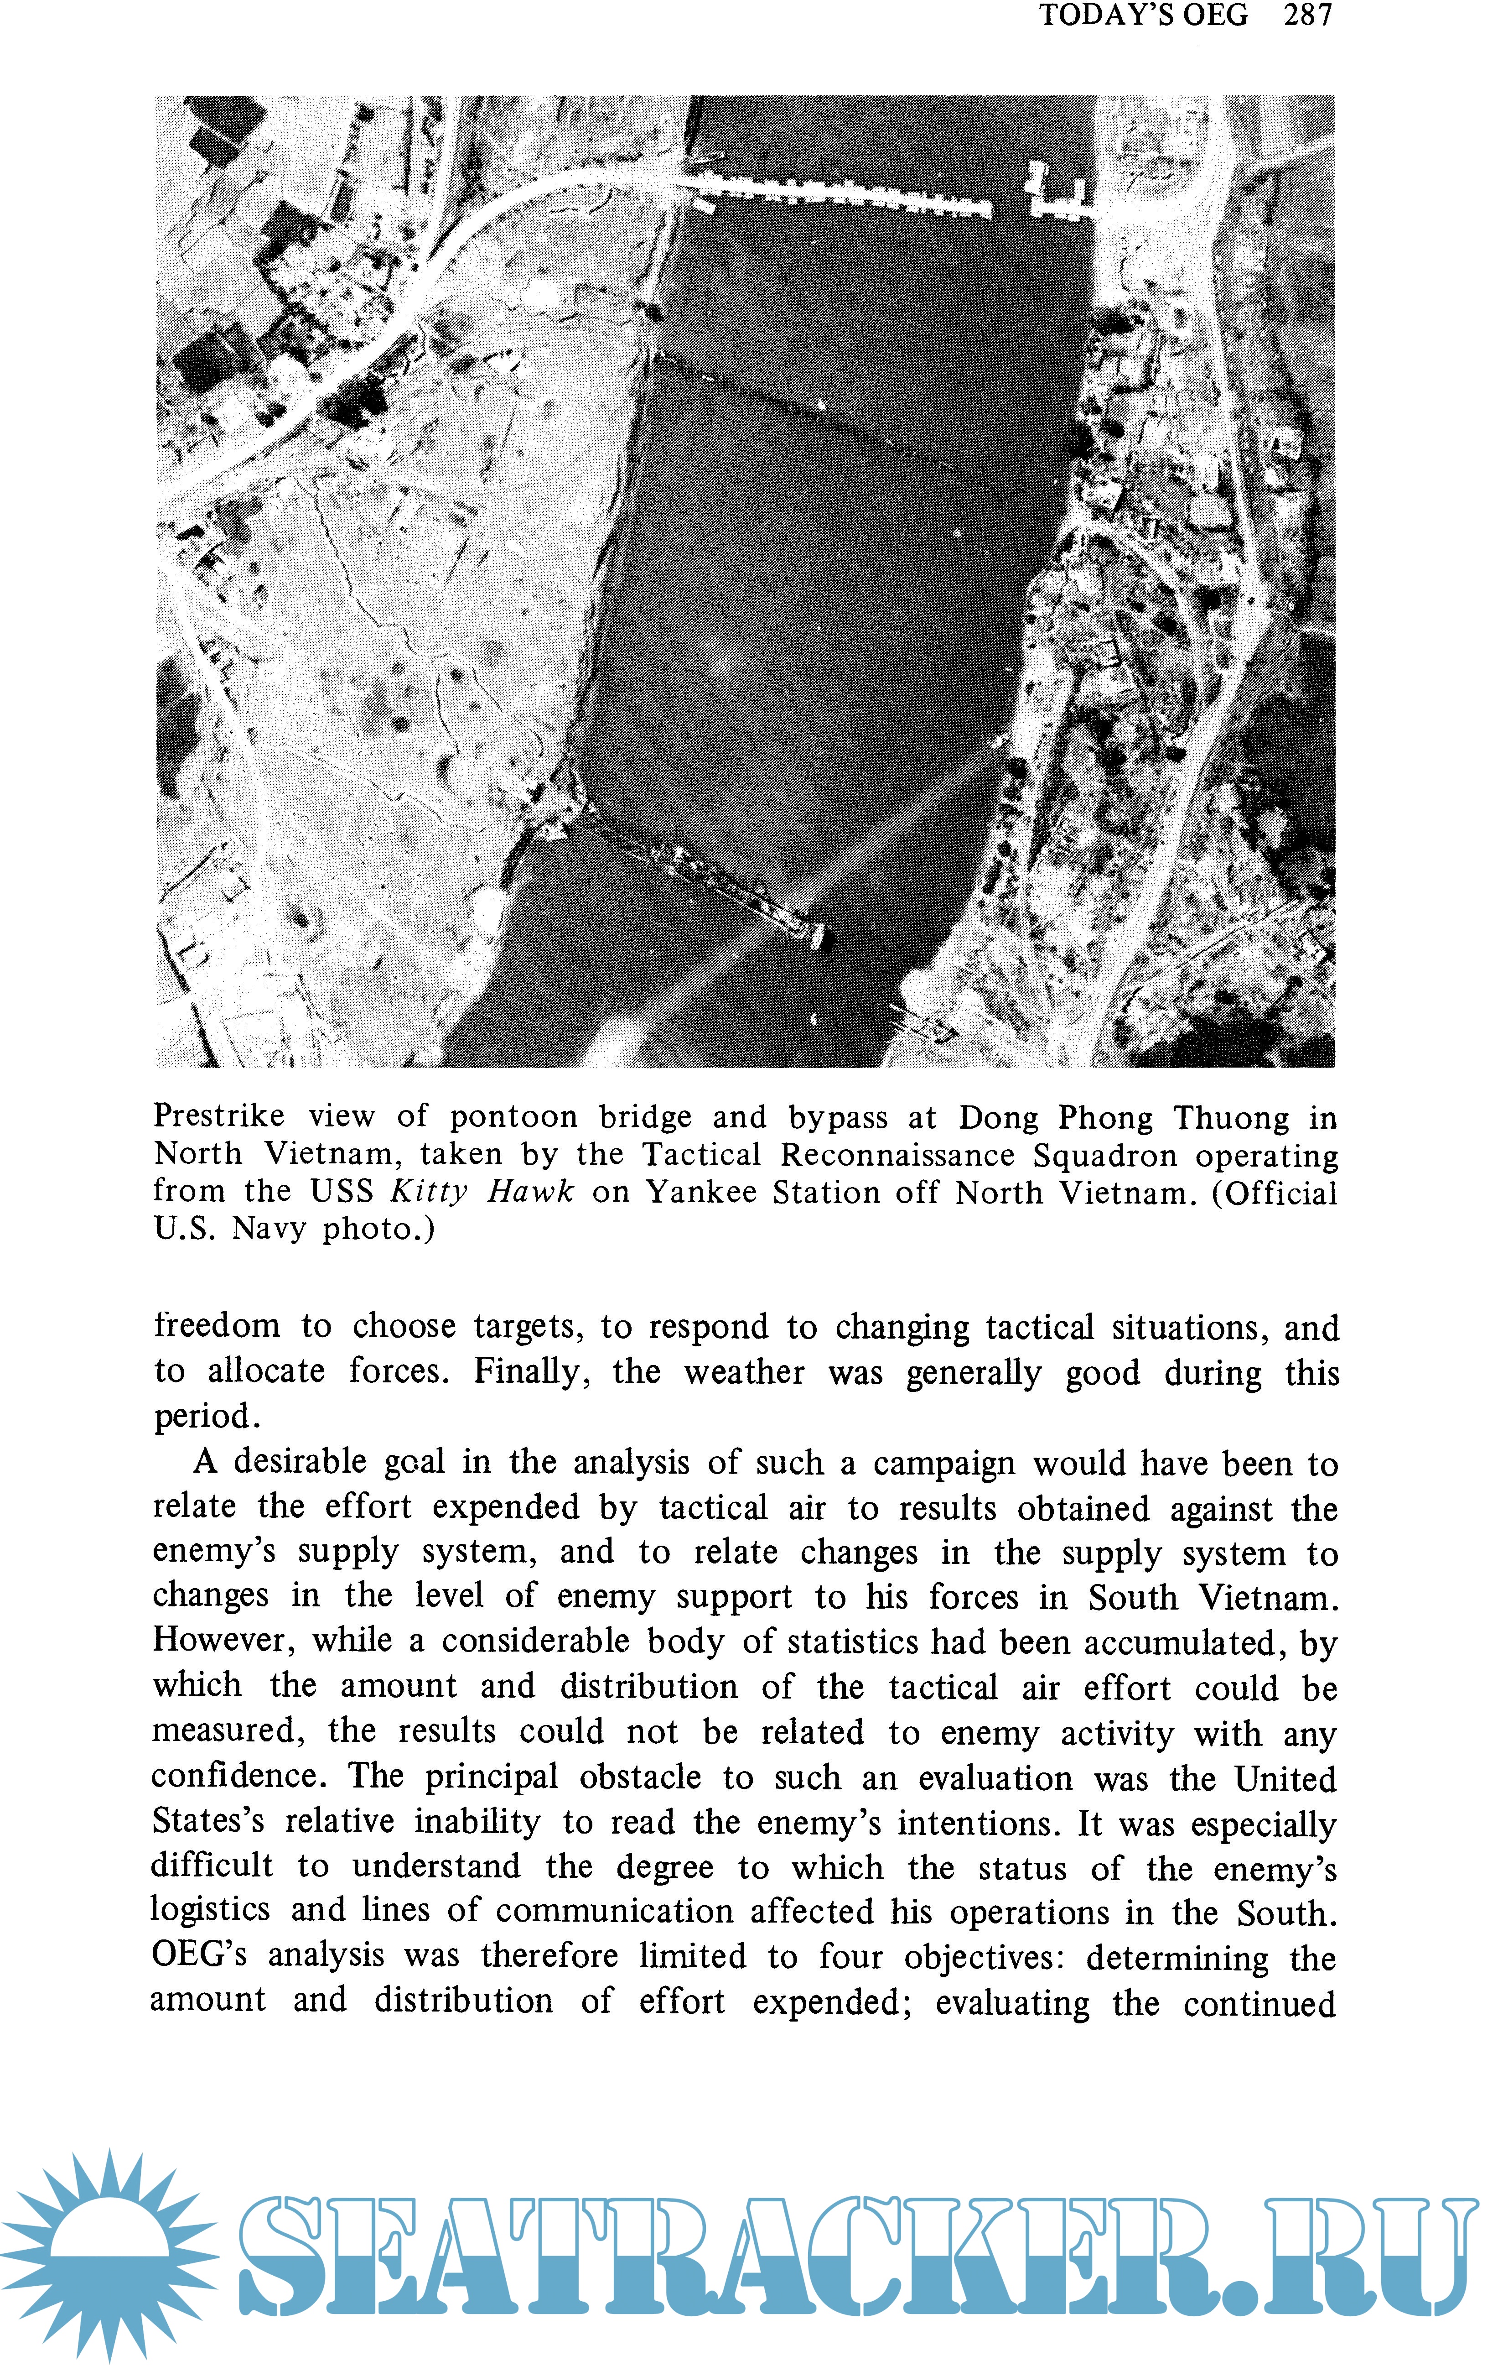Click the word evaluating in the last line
point(1012,2002)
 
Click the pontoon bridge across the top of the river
point(845,196)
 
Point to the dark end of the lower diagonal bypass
point(823,938)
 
